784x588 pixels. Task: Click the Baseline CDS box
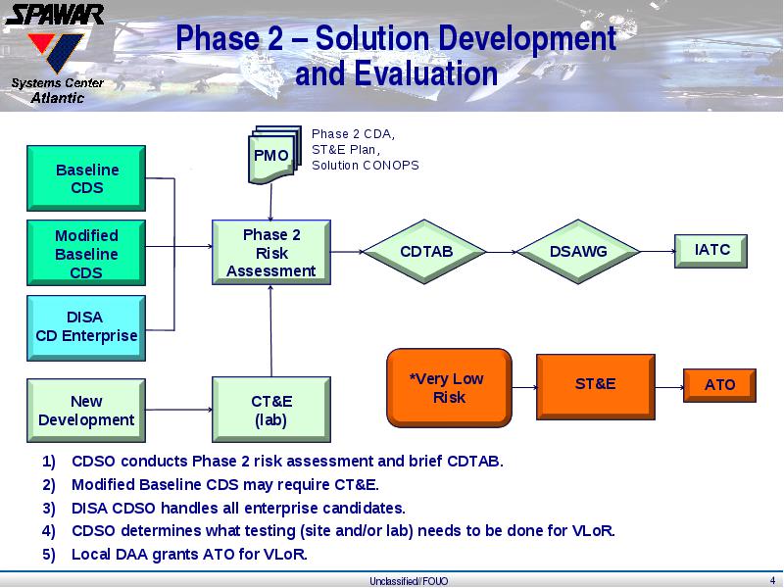(86, 178)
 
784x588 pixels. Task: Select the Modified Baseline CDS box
(86, 253)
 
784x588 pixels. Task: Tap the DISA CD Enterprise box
(86, 328)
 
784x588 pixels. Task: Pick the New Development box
(86, 411)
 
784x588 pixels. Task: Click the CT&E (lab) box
(271, 410)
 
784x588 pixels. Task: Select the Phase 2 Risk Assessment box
(271, 253)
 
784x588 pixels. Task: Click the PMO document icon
(274, 155)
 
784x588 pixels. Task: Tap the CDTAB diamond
(424, 252)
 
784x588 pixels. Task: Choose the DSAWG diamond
(578, 252)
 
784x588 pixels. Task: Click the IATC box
(711, 251)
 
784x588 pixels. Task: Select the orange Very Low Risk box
(449, 388)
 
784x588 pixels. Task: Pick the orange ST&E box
(596, 387)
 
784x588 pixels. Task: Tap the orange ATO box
(719, 385)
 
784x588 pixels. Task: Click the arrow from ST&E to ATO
(669, 387)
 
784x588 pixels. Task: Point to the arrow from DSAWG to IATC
(658, 252)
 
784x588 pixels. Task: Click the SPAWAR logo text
(55, 15)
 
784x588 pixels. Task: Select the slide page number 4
(772, 580)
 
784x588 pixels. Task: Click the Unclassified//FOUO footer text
(409, 581)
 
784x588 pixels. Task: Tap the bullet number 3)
(49, 508)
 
